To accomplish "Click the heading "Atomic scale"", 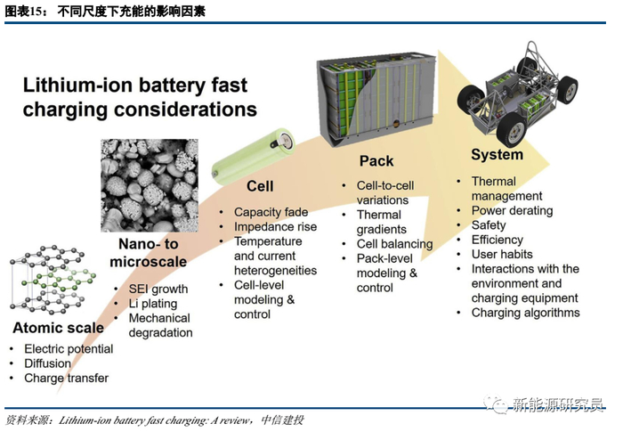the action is click(x=58, y=327).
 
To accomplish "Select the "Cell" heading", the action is click(x=259, y=187).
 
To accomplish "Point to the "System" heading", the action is click(x=497, y=154).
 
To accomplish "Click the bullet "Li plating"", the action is click(x=153, y=304).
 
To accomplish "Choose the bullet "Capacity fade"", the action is click(x=271, y=212).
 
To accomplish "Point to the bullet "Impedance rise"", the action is click(x=276, y=226).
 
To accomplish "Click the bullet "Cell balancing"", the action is click(x=394, y=244).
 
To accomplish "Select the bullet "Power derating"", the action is click(x=512, y=211).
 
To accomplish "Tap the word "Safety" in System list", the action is click(x=489, y=225).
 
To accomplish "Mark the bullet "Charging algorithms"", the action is click(x=525, y=313).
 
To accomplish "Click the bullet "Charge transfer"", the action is click(x=67, y=379).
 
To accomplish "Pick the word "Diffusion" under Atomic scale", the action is click(x=48, y=363).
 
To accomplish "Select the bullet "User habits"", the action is click(x=502, y=254).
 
